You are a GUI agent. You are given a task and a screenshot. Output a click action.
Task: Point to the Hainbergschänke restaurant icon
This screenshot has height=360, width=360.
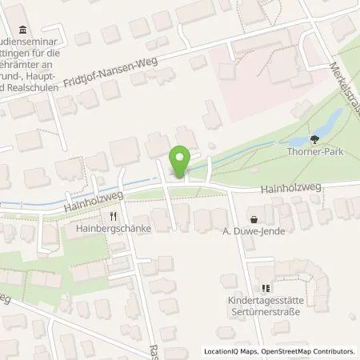click(114, 215)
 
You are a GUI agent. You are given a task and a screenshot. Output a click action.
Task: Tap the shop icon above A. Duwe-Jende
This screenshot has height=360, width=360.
click(254, 218)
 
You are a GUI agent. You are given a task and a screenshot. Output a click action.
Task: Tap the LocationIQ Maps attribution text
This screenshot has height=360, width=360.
click(227, 351)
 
